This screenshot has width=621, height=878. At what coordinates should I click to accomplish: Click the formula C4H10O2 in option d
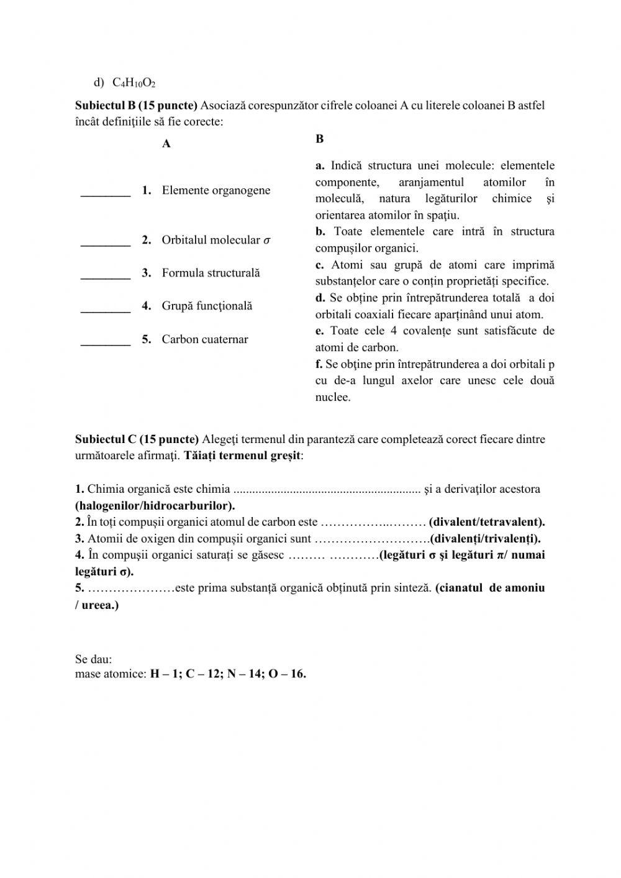tap(134, 83)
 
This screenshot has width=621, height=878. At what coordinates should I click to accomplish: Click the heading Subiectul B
tap(136, 105)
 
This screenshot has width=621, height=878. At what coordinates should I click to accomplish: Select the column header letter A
tap(166, 144)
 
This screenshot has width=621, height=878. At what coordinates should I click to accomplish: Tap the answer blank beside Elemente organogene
tap(106, 191)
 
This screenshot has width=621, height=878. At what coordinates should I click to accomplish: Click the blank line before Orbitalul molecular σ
tap(106, 241)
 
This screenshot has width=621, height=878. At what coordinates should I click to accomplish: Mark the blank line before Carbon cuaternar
tap(106, 341)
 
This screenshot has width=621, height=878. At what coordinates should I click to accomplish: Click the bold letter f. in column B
tap(319, 364)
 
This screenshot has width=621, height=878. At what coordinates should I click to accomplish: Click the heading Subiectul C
tap(137, 439)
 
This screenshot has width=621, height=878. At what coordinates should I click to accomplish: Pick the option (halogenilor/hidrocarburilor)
tap(155, 505)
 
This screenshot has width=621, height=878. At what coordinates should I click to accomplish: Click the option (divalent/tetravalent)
tap(487, 522)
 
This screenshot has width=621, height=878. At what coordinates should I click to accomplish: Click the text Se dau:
tap(93, 659)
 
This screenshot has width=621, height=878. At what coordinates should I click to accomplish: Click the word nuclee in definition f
tap(332, 398)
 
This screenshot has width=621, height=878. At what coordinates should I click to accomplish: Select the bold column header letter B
tap(319, 139)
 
